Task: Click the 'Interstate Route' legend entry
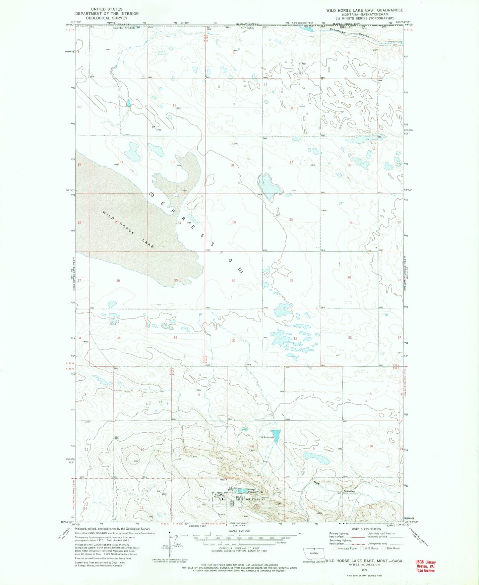coord(347,548)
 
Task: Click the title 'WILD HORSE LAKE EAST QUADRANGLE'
coord(365,10)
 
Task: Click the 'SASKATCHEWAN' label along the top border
coord(247,24)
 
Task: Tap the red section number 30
coord(233,281)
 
